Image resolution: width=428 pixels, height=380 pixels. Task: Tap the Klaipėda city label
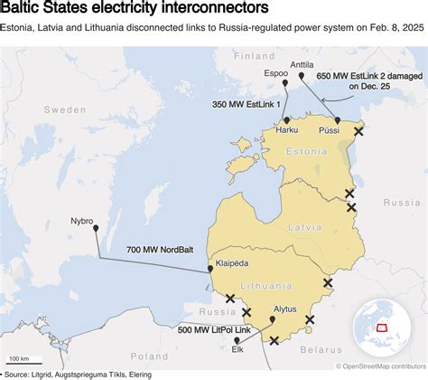coord(234,264)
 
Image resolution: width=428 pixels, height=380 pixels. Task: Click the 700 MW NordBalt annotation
coord(160,249)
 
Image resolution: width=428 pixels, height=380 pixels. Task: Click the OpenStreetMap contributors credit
coord(380,366)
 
